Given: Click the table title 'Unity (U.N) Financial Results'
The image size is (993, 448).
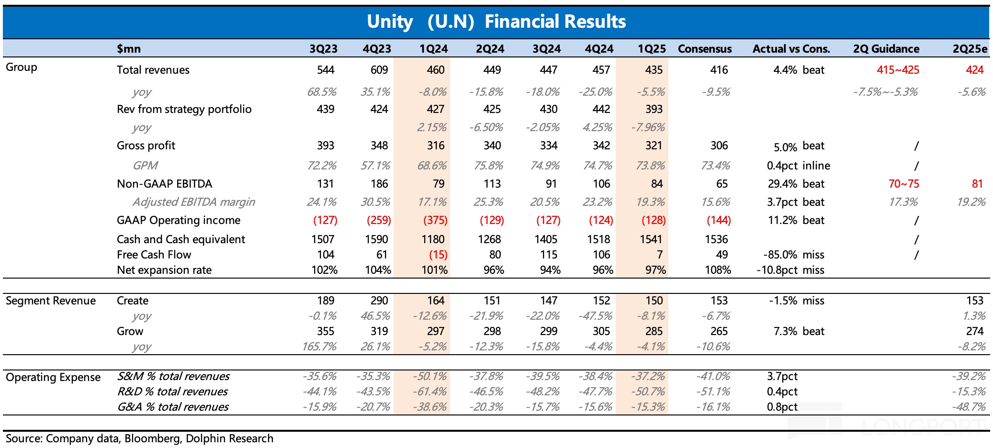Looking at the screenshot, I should click(x=496, y=22).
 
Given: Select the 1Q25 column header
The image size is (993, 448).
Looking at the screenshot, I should click(x=652, y=49).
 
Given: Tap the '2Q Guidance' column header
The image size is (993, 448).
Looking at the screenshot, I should click(x=886, y=49).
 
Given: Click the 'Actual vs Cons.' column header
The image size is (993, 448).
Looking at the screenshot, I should click(x=791, y=49).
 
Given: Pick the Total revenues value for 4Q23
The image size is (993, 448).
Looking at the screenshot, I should click(x=379, y=70).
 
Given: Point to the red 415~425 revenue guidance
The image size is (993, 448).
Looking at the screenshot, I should click(x=898, y=70).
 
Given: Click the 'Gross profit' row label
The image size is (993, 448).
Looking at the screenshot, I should click(x=146, y=146).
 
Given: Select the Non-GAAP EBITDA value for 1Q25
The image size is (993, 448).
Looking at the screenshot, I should click(x=656, y=184).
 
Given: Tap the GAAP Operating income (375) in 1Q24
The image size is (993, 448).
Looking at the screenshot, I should click(x=435, y=220).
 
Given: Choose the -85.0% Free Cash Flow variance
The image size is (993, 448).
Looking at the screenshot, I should click(x=782, y=255).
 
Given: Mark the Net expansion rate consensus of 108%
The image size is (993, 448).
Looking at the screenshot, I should click(x=718, y=270).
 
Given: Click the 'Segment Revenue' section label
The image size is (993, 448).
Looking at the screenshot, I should click(x=51, y=301).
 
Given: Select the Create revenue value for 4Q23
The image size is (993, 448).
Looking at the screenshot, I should click(x=379, y=301).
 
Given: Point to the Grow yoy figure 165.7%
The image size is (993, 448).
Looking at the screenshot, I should click(x=319, y=347).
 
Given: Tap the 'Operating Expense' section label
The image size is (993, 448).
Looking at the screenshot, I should click(x=53, y=377).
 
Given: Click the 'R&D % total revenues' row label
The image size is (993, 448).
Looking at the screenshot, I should click(x=172, y=392).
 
